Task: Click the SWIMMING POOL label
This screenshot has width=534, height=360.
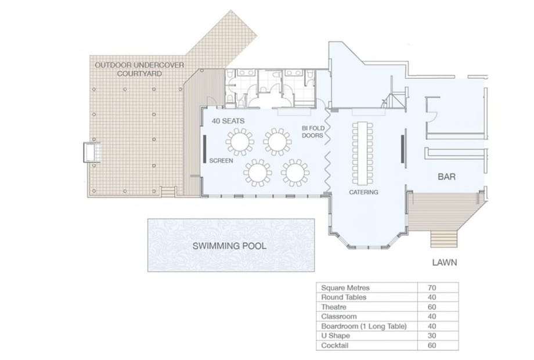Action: pyautogui.click(x=229, y=246)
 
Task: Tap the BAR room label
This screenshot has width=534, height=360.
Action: pyautogui.click(x=446, y=177)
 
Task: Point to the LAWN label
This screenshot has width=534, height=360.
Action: pyautogui.click(x=445, y=262)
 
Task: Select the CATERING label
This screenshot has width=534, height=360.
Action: pyautogui.click(x=363, y=192)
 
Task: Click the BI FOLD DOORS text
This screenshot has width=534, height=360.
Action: pyautogui.click(x=313, y=132)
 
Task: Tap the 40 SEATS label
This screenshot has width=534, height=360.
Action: pyautogui.click(x=228, y=121)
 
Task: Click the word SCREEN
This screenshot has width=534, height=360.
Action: pyautogui.click(x=221, y=161)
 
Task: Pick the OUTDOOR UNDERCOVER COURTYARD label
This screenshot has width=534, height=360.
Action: pyautogui.click(x=139, y=69)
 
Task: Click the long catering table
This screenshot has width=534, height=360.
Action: pyautogui.click(x=362, y=153)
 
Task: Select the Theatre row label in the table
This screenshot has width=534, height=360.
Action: pyautogui.click(x=334, y=307)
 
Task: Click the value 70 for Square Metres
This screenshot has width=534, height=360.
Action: pyautogui.click(x=432, y=288)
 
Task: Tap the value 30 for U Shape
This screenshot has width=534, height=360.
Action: pyautogui.click(x=432, y=336)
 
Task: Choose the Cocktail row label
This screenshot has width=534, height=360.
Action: pyautogui.click(x=335, y=345)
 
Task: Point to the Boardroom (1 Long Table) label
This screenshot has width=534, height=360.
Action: pyautogui.click(x=364, y=326)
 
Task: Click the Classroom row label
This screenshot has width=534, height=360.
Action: pyautogui.click(x=339, y=316)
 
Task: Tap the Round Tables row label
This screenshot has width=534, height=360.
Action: pyautogui.click(x=344, y=297)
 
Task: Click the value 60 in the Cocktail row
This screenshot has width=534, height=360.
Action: pyautogui.click(x=432, y=345)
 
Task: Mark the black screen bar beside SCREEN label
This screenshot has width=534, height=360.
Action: pyautogui.click(x=204, y=149)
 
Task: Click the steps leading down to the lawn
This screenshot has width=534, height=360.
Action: pyautogui.click(x=443, y=239)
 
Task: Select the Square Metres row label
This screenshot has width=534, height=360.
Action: pyautogui.click(x=345, y=288)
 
